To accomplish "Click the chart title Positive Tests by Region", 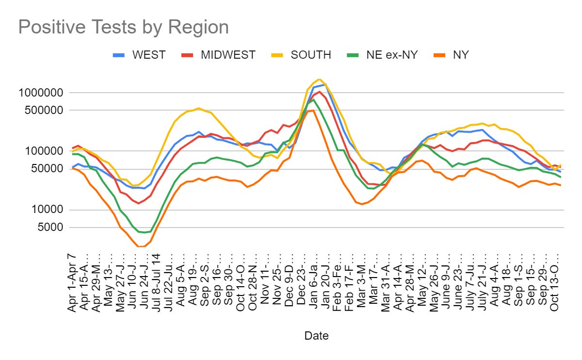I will tap(123, 27).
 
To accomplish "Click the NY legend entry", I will tap(460, 55).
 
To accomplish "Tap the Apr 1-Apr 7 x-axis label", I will tap(73, 283).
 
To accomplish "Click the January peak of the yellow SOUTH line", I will tap(319, 79).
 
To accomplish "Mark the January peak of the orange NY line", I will tap(313, 110).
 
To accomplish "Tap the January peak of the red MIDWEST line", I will tap(319, 92).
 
